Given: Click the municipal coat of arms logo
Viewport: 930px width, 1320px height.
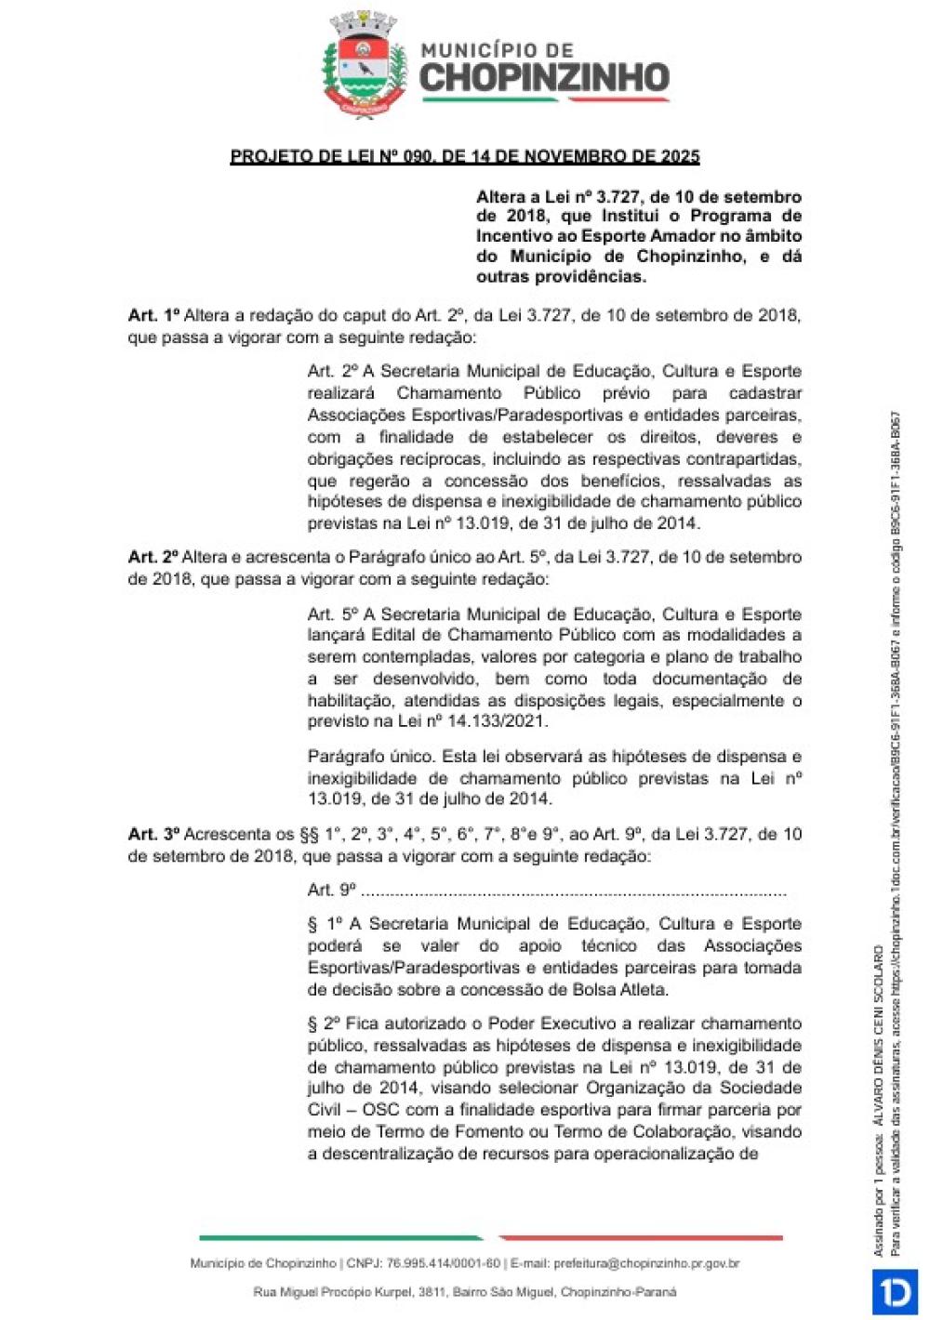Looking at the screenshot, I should tap(365, 66).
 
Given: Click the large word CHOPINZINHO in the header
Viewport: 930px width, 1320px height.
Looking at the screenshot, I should tap(545, 79).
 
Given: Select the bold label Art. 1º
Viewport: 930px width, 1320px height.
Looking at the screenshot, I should tap(153, 316).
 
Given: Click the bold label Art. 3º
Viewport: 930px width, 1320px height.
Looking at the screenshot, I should tap(153, 835).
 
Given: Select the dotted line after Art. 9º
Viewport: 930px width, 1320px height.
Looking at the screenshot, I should tap(573, 891).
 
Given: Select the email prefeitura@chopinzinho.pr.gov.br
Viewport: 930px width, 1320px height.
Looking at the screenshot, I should tap(646, 1264).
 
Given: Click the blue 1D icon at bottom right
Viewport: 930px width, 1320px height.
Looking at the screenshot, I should tap(894, 1292).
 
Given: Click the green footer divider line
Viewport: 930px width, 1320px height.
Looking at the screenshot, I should tap(340, 1238).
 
